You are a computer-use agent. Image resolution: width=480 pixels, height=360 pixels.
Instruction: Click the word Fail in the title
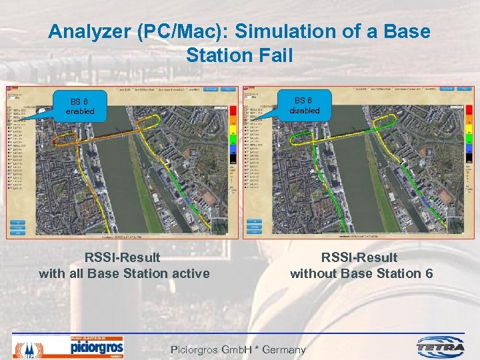(x=276, y=55)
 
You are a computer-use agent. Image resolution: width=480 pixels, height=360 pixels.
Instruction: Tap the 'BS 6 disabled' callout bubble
(x=304, y=105)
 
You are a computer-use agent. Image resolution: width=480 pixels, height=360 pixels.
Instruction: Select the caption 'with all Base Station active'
(x=124, y=273)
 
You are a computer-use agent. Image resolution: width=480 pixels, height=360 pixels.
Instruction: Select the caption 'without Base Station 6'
(x=361, y=273)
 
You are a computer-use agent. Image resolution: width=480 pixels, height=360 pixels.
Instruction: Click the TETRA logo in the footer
(x=440, y=347)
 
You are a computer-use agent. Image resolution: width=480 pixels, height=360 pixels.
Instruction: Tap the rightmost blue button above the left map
(x=229, y=89)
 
